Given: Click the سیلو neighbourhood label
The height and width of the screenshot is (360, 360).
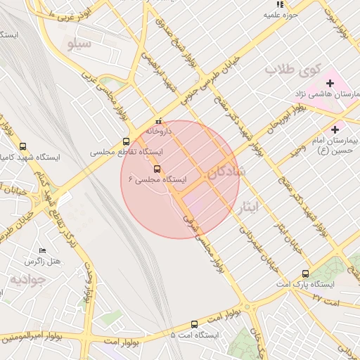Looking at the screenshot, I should (x=79, y=44).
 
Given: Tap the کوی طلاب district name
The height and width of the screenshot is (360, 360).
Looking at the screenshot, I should (x=292, y=70).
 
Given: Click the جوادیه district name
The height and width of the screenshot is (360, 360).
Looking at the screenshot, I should (x=27, y=279).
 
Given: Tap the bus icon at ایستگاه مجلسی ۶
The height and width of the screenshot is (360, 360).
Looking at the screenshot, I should (x=156, y=169).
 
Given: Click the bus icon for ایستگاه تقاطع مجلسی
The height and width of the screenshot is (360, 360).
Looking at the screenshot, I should (x=126, y=141).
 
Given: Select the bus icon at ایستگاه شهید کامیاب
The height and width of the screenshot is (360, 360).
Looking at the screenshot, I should (x=23, y=147).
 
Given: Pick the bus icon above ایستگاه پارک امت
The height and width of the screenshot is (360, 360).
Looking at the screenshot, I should (x=305, y=274).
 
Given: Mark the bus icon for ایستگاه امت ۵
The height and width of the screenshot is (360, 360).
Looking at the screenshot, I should (x=195, y=324).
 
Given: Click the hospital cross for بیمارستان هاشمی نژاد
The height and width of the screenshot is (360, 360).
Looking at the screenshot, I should (x=330, y=84).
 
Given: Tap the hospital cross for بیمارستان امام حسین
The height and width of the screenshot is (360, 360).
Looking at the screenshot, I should (x=335, y=129).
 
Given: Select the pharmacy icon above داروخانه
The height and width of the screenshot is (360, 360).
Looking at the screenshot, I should (x=158, y=121).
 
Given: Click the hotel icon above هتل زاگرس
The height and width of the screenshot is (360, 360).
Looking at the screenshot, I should (x=42, y=251).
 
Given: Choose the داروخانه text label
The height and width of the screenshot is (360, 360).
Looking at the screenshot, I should (x=158, y=131).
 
